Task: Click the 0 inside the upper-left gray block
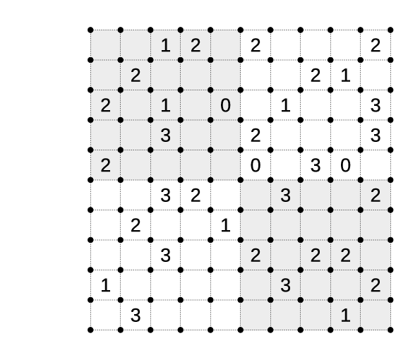[225, 105]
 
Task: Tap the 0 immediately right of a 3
[345, 165]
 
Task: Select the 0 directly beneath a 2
[256, 165]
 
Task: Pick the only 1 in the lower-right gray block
[345, 316]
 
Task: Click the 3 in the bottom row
[136, 316]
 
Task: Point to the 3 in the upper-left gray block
[165, 136]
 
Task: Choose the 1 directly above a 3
[165, 105]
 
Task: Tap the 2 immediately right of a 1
[196, 45]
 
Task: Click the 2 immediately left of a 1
[316, 76]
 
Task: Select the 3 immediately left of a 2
[165, 196]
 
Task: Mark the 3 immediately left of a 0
[316, 165]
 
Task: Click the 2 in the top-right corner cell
[376, 45]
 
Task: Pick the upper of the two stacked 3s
[376, 105]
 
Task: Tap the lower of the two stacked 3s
[376, 136]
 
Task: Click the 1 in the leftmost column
[105, 285]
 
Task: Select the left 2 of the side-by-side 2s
[316, 256]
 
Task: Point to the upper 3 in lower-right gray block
[285, 196]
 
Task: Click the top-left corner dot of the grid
[90, 30]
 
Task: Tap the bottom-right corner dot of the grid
[390, 330]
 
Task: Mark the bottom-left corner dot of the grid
[90, 330]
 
